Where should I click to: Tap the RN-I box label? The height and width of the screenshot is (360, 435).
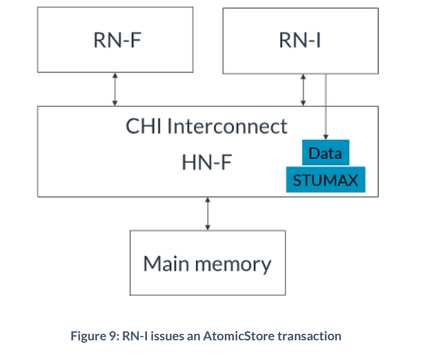click(300, 41)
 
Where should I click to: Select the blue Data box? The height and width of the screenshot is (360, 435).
click(325, 153)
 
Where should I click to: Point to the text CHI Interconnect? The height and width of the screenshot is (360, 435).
click(207, 126)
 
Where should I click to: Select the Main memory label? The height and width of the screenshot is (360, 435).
click(207, 264)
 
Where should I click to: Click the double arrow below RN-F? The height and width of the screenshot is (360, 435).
click(115, 89)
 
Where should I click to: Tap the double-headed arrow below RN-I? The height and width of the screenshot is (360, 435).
click(303, 89)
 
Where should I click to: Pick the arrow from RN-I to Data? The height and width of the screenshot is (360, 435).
click(326, 105)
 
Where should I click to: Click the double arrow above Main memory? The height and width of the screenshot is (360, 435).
click(207, 213)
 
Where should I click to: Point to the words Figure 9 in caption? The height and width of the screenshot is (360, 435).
click(93, 336)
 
